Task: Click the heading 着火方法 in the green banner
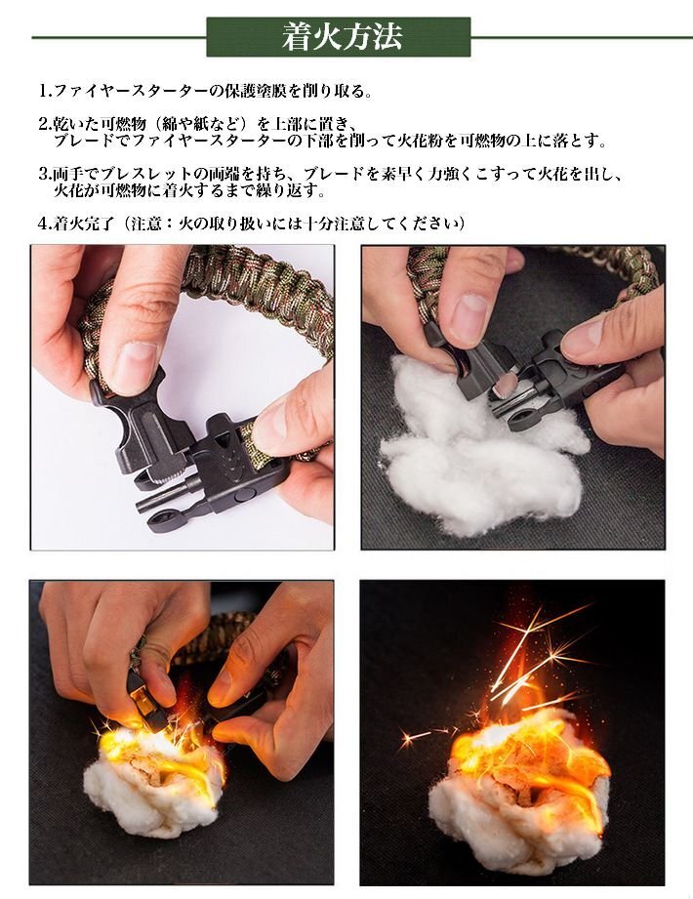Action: click(x=342, y=37)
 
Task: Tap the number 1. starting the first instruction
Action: click(x=46, y=91)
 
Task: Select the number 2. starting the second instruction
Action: click(x=46, y=124)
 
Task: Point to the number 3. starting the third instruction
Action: click(x=46, y=174)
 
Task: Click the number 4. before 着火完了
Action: click(x=46, y=224)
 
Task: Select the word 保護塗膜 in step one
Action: click(x=253, y=91)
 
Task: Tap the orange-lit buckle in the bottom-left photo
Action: click(x=144, y=697)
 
